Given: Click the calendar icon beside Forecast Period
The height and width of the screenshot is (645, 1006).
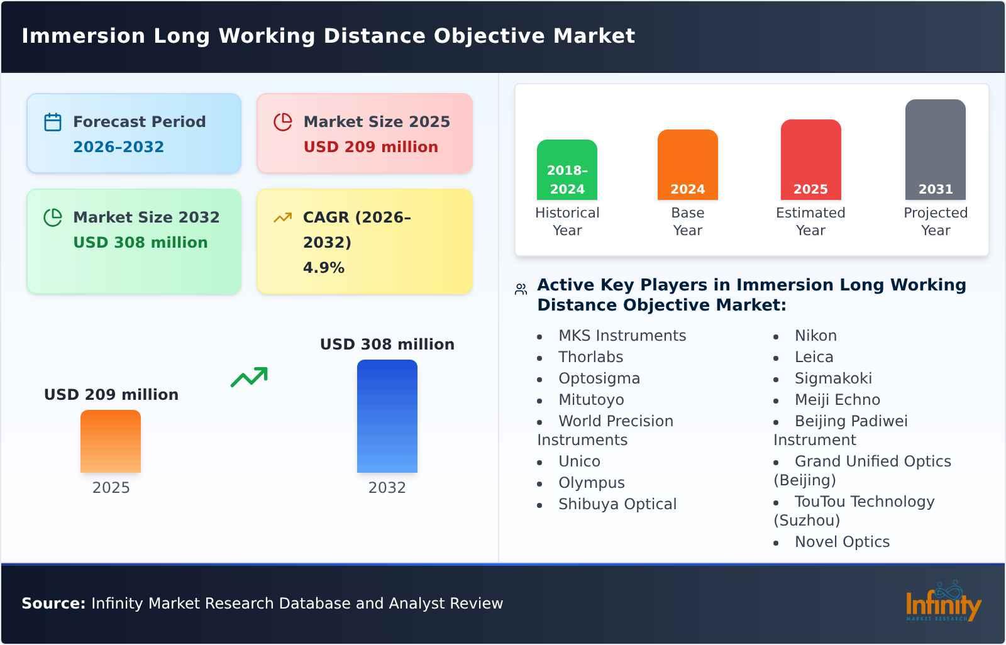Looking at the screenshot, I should [53, 122].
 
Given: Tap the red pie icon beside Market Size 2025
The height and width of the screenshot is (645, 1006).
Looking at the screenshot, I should [283, 122].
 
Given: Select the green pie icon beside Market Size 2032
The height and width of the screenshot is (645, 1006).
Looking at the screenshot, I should [53, 218].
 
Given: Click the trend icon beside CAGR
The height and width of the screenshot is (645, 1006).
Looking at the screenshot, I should [283, 218].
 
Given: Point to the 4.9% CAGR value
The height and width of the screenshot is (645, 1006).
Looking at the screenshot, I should [323, 268].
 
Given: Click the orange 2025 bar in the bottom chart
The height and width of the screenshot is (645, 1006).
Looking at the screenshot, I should [111, 441].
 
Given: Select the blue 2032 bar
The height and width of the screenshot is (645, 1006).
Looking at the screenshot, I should [387, 416].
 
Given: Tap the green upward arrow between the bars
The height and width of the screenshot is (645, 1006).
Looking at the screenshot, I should [249, 377].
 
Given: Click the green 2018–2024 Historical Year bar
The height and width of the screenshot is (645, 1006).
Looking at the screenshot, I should [567, 170].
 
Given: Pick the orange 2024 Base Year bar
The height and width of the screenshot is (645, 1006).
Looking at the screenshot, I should [687, 165].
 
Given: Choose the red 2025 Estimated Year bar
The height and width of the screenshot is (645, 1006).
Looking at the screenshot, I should [810, 160].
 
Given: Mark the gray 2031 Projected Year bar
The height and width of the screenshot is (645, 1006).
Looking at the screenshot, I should [935, 150].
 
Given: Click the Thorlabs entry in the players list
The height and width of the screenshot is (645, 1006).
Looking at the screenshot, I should [590, 357].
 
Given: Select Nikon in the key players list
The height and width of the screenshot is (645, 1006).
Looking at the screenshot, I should [815, 336].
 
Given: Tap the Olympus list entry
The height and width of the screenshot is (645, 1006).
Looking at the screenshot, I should [591, 483].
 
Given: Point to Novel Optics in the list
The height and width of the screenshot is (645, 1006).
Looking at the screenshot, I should [842, 542].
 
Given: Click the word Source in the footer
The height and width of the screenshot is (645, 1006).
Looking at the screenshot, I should [53, 604].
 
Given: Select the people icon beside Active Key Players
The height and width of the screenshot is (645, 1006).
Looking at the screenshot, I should [521, 289].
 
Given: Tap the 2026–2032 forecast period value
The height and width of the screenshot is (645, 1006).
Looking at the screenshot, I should [118, 147].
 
